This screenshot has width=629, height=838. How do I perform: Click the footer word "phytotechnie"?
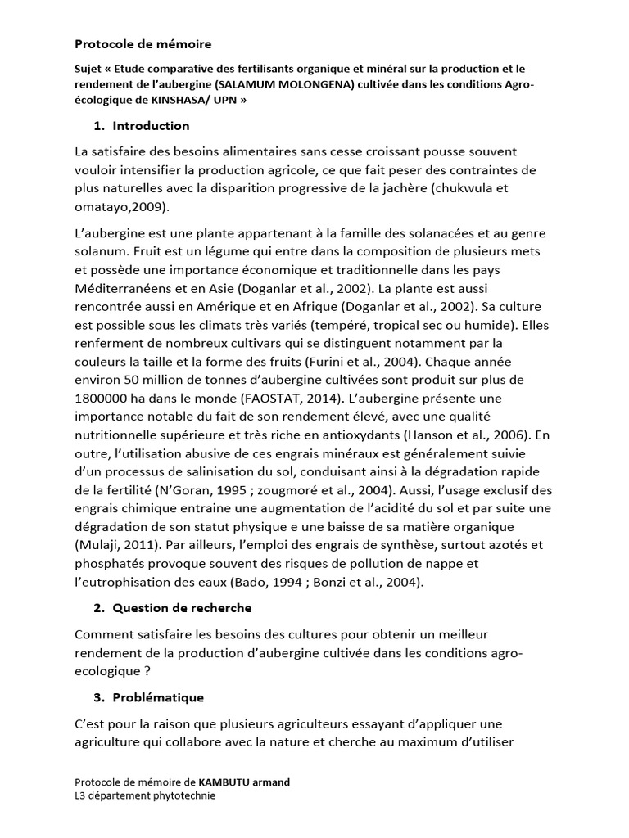click(181, 795)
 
